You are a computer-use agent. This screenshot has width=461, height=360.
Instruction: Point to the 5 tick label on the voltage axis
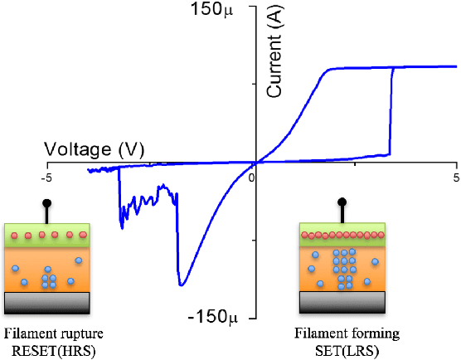tap(455, 178)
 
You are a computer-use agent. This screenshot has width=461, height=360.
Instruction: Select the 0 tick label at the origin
tap(251, 177)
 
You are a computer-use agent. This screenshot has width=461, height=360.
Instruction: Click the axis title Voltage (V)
tap(95, 150)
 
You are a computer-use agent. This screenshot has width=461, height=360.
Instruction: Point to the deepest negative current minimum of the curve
tap(182, 285)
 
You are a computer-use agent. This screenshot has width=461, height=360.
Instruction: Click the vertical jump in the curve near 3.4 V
tap(391, 112)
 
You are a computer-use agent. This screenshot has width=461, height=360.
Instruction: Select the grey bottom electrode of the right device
tap(343, 302)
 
